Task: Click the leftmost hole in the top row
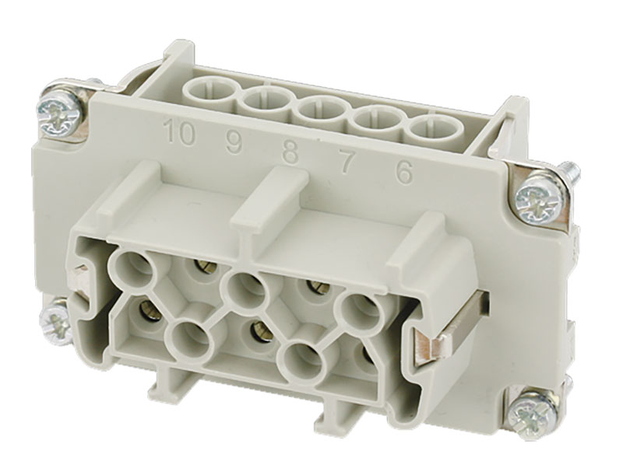click(x=209, y=93)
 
